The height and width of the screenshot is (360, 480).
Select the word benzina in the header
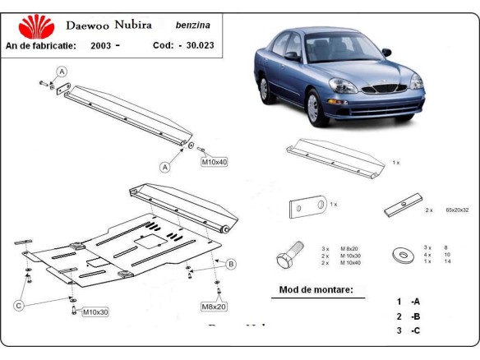[192, 26]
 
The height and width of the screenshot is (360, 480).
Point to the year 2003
[102, 45]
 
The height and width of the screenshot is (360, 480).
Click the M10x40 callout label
[214, 162]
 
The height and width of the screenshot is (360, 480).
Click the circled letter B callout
[231, 264]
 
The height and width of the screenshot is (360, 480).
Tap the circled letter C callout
[18, 307]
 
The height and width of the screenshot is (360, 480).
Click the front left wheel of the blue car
[313, 108]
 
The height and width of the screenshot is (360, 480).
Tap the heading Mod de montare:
[316, 290]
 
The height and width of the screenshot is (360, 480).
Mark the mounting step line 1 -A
[408, 302]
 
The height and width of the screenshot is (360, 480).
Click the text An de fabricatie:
[41, 45]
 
